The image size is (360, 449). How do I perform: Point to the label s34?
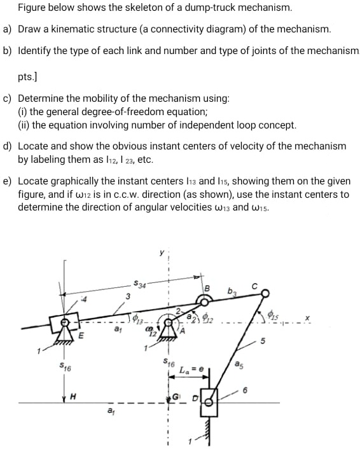coord(141,284)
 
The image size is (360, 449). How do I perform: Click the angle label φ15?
coord(275,314)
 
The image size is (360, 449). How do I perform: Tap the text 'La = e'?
coord(191,369)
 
